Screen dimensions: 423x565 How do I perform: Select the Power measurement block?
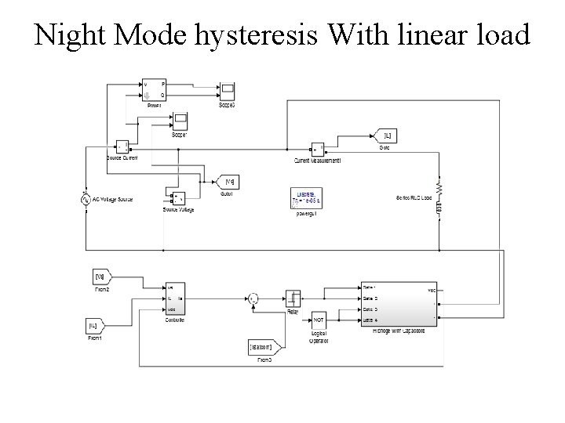coord(154,89)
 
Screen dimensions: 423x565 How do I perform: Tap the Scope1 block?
coord(180,121)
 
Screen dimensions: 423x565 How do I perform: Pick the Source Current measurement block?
coord(122,146)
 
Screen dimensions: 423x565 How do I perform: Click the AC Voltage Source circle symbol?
coord(85,199)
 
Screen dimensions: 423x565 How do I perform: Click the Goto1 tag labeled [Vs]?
coord(228,182)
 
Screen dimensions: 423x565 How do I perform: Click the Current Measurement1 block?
coord(318,147)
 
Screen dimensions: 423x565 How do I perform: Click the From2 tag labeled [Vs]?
coord(102,277)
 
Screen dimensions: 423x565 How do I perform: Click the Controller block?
coord(174,299)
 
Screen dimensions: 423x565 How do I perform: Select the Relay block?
coord(292,298)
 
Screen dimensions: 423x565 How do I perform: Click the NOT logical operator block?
coord(319,320)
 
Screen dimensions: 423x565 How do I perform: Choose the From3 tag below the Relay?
coord(262,345)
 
